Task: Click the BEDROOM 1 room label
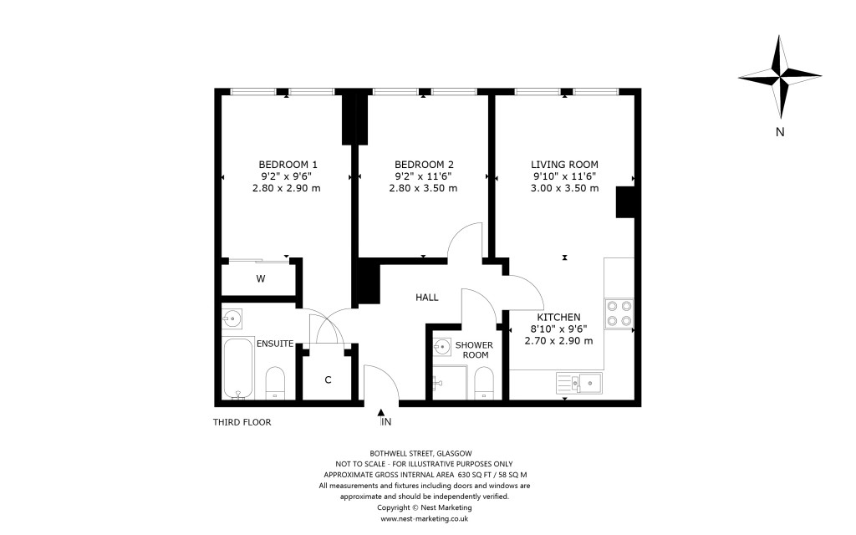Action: (x=288, y=164)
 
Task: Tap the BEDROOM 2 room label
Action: (x=424, y=164)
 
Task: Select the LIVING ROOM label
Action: (x=565, y=164)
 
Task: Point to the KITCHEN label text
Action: (x=558, y=318)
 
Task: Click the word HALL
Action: (x=426, y=297)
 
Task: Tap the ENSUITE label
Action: (x=274, y=343)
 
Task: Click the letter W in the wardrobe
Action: (x=261, y=279)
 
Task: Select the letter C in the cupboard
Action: (x=328, y=380)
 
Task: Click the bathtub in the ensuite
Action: (x=238, y=369)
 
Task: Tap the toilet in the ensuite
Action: (x=276, y=383)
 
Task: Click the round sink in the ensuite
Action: (x=232, y=318)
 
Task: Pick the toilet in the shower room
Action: (x=484, y=383)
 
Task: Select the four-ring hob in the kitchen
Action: (x=619, y=313)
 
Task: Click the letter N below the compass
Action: (x=779, y=131)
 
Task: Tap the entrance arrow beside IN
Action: (x=381, y=413)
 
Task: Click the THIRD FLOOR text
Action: (x=242, y=422)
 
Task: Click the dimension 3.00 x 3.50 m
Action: (x=565, y=188)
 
